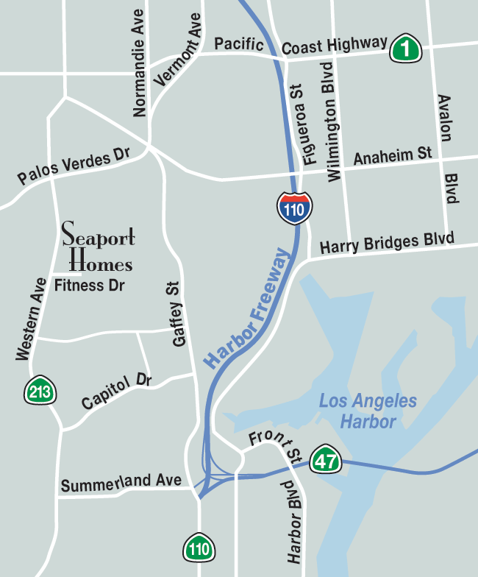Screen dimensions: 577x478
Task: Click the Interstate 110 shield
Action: click(x=295, y=208)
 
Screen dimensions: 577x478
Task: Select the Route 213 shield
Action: click(x=40, y=392)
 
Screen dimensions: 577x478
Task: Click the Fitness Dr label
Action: click(x=90, y=285)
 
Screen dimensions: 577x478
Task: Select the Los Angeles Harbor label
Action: click(x=368, y=411)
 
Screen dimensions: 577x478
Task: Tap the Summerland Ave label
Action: click(x=121, y=484)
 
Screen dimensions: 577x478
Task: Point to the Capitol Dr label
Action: click(x=116, y=392)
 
